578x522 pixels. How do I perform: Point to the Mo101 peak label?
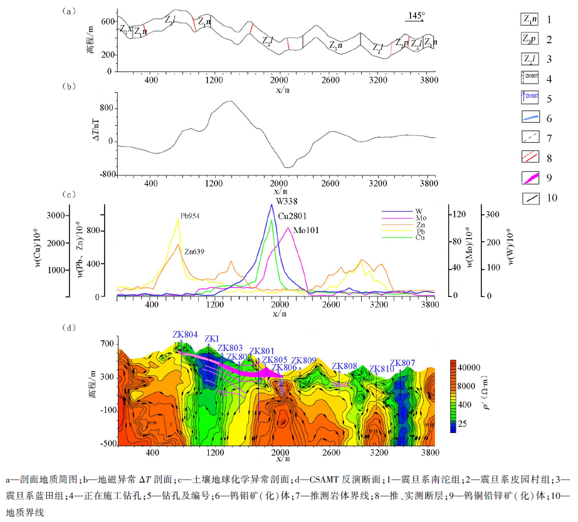307,230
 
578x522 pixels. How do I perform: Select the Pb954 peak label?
190,216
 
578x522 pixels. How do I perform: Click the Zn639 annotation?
193,251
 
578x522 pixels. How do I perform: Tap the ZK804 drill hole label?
185,334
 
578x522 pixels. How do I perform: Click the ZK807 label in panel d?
402,363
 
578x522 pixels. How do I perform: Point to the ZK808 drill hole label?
344,366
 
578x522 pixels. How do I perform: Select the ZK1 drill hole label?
211,339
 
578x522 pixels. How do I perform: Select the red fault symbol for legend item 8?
531,157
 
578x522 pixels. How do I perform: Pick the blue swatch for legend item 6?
531,117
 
